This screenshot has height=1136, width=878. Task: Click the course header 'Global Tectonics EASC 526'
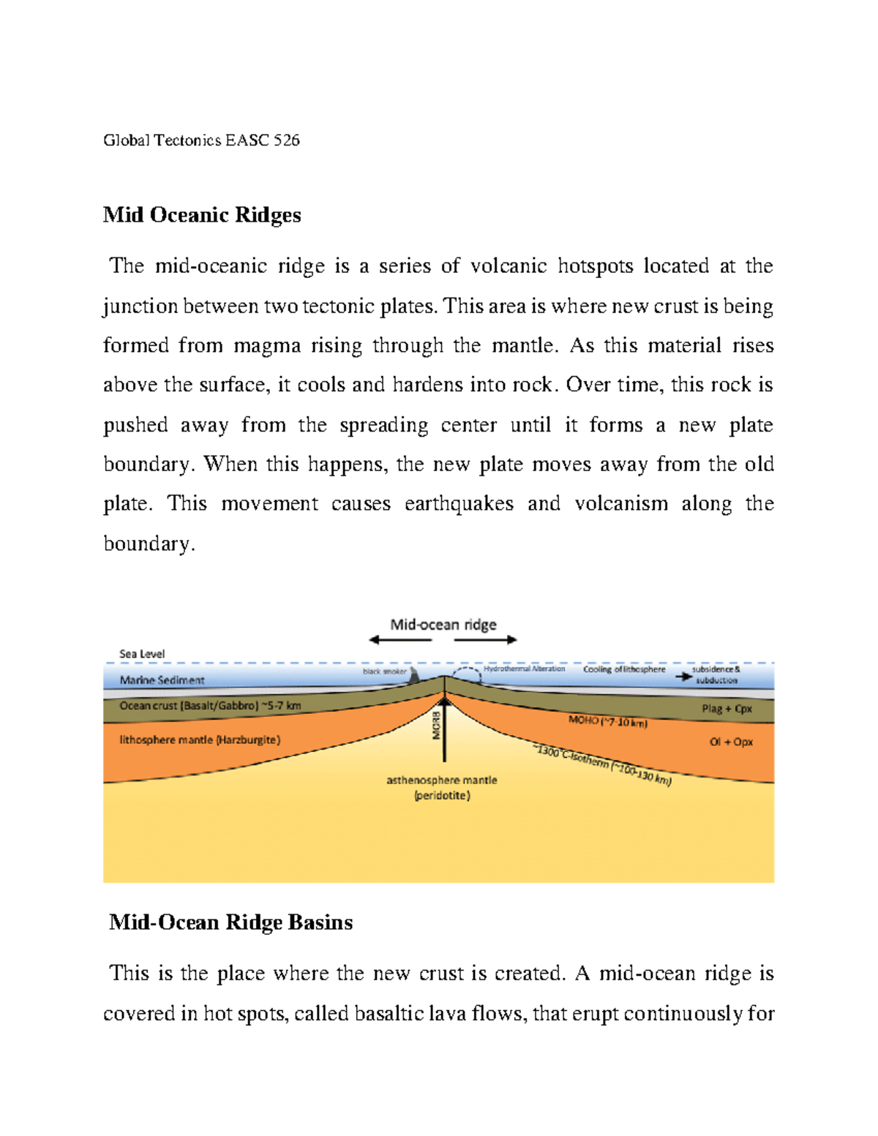click(x=201, y=140)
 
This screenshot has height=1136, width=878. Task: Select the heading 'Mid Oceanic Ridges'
click(x=202, y=215)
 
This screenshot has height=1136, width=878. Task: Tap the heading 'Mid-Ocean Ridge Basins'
click(x=230, y=922)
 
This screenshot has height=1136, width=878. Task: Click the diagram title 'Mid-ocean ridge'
click(x=443, y=625)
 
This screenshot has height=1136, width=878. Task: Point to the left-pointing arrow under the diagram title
click(x=399, y=640)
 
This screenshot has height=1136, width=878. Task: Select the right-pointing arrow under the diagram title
click(x=486, y=640)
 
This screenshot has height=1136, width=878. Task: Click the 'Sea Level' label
click(x=142, y=654)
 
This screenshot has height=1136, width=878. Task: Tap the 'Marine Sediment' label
click(x=162, y=680)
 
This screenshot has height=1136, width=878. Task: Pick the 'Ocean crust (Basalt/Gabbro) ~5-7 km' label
click(x=210, y=706)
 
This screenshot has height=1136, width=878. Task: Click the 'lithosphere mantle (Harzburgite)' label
click(x=200, y=740)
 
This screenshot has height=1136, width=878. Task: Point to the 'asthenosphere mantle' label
click(x=442, y=780)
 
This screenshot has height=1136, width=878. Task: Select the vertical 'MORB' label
click(x=437, y=724)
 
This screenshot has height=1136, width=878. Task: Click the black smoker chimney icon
click(x=414, y=674)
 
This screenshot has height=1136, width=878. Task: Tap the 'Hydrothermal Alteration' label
click(x=524, y=669)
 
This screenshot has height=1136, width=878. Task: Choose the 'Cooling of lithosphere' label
click(x=624, y=669)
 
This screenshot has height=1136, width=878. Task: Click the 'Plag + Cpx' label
click(x=727, y=709)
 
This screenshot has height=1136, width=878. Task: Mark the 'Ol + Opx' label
click(x=731, y=742)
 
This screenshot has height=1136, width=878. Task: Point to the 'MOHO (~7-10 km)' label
click(x=608, y=722)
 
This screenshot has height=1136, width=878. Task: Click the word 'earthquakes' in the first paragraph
click(x=459, y=504)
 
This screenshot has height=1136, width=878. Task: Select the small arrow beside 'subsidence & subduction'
click(x=683, y=677)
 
